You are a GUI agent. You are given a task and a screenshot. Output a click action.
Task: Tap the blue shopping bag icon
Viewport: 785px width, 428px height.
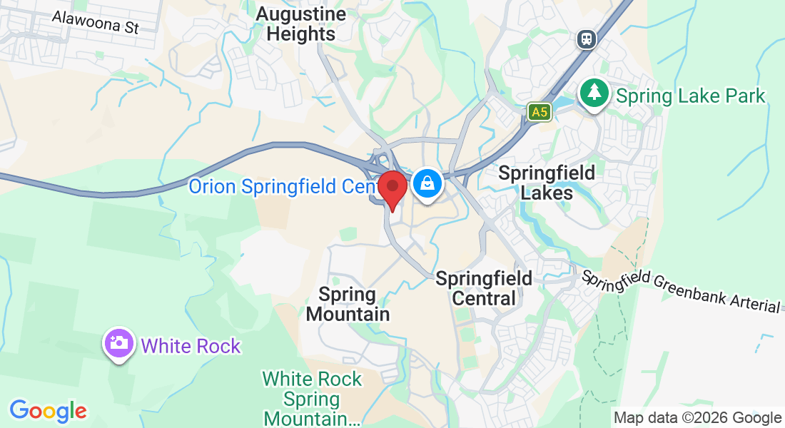click(426, 184)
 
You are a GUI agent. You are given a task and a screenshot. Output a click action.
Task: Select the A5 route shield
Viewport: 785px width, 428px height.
click(540, 111)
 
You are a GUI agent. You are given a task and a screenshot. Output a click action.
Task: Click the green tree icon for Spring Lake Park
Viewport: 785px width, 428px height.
click(593, 93)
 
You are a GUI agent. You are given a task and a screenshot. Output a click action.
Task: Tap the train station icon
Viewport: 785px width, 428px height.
click(587, 39)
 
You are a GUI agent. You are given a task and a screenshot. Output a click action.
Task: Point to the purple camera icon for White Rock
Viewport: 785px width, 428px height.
click(119, 344)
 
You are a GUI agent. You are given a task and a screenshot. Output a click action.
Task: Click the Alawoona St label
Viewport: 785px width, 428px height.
click(95, 22)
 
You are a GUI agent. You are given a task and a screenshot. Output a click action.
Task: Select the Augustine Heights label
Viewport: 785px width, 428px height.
click(300, 24)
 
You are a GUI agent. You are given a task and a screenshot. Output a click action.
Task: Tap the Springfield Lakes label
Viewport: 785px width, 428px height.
click(546, 183)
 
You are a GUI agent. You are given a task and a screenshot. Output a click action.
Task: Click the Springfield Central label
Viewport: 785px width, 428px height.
click(484, 287)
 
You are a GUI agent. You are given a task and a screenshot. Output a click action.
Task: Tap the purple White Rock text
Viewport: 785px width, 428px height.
click(191, 347)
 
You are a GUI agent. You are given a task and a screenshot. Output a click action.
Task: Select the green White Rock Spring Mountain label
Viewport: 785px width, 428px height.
click(312, 399)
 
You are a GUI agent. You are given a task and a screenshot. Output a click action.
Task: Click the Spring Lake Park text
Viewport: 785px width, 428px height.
click(690, 96)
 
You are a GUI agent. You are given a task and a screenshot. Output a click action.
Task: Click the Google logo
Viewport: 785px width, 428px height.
click(48, 411)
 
